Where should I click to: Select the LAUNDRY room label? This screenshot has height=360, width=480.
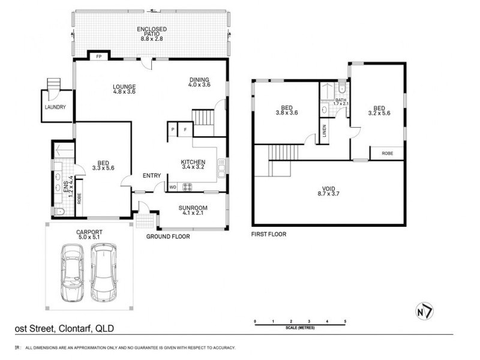point(55,108)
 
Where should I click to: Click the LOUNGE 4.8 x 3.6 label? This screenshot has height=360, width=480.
point(124,89)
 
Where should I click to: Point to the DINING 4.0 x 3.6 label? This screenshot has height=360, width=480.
point(199,82)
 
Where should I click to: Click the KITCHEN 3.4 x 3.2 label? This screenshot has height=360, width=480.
point(193,165)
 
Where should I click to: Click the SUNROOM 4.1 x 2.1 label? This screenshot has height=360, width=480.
point(193,211)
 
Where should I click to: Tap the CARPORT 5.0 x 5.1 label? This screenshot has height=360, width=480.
point(90,234)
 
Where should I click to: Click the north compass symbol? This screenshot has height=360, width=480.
point(424,313)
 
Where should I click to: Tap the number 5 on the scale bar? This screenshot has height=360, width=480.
point(345,322)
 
